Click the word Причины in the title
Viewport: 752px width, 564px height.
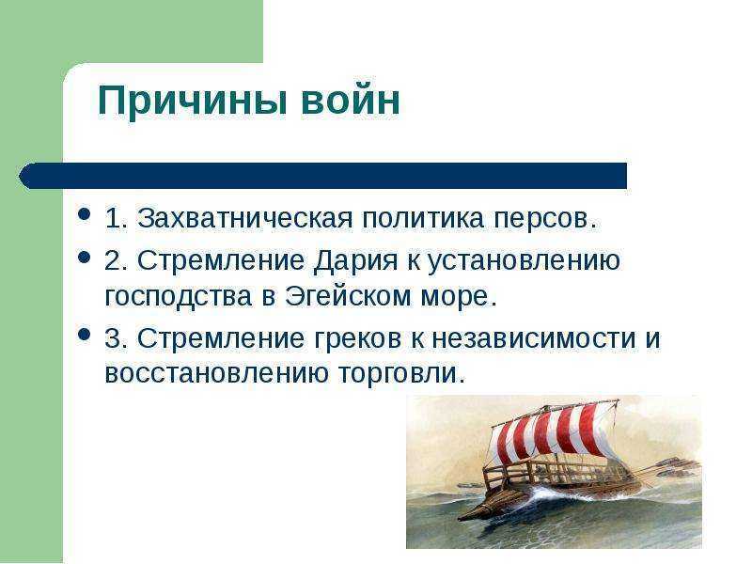tap(193, 102)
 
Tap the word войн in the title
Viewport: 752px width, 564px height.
tap(351, 101)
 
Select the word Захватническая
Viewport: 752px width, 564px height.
tap(245, 219)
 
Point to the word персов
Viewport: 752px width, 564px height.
tap(545, 220)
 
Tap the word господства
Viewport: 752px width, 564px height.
tap(179, 297)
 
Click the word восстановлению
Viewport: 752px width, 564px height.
tap(217, 374)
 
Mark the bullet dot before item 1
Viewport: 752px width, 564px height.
tap(85, 213)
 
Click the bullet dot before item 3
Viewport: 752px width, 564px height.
tap(85, 334)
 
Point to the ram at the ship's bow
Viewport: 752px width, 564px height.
tap(473, 515)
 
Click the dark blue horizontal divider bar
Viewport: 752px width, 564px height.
tap(322, 176)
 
